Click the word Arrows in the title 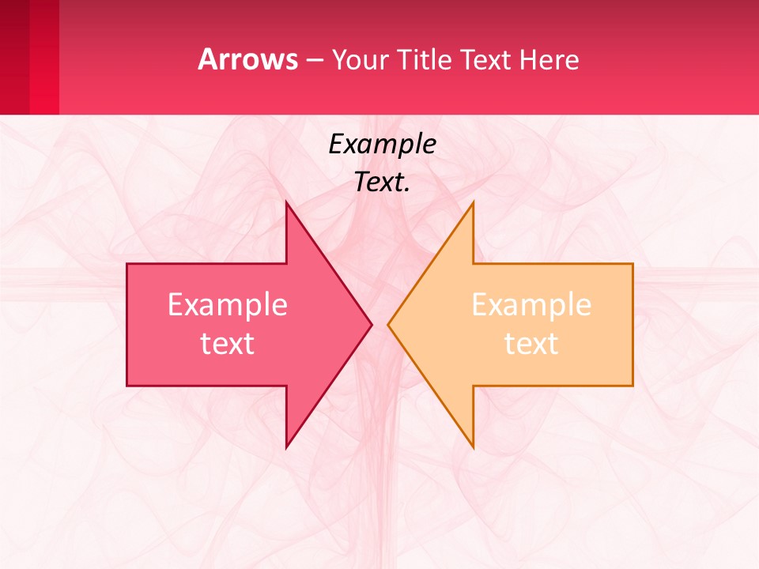247,59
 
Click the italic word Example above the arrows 382,144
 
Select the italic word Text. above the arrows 382,182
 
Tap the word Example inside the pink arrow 228,305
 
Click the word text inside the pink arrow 228,343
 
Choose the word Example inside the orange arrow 531,305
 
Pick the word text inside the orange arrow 531,343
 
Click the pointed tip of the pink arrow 370,324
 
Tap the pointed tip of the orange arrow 389,324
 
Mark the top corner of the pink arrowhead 287,204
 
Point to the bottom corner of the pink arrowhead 287,446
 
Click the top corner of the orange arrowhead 472,204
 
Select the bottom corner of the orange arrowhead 472,446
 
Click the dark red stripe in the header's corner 14,57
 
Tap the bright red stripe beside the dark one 44,57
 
